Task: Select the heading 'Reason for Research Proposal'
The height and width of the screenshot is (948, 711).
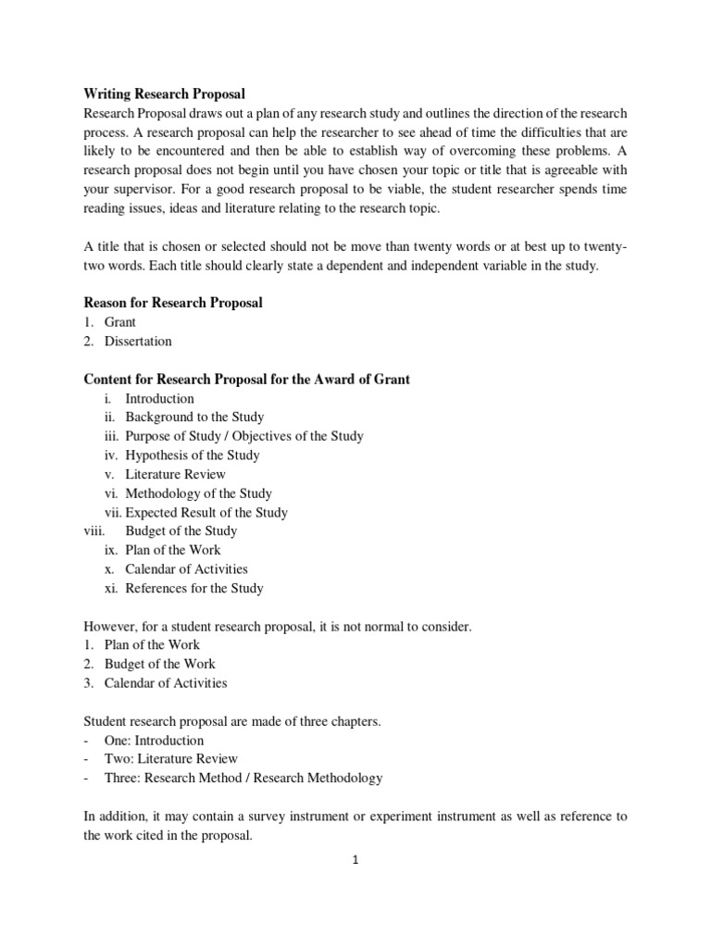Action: [173, 303]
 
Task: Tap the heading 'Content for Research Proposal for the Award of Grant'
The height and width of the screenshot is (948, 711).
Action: [247, 379]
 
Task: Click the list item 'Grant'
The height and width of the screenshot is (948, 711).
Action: [120, 322]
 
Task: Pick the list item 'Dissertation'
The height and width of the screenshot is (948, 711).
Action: [138, 341]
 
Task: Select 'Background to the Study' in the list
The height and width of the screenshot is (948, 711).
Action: [194, 417]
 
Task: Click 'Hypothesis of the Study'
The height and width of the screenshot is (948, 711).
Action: [193, 455]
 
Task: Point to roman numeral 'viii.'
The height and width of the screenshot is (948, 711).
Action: [95, 530]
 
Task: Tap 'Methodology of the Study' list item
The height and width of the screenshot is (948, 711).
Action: [199, 493]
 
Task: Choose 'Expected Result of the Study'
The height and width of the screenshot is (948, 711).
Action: [206, 512]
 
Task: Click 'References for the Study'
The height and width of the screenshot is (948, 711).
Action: [194, 588]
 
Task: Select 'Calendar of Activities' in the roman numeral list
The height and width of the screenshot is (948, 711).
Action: [187, 568]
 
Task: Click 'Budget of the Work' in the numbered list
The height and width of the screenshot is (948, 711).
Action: [160, 664]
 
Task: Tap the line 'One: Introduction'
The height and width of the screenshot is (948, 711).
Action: [155, 741]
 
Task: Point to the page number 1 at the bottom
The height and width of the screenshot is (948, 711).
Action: [355, 859]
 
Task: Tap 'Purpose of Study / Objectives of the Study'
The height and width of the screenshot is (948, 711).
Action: [244, 436]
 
